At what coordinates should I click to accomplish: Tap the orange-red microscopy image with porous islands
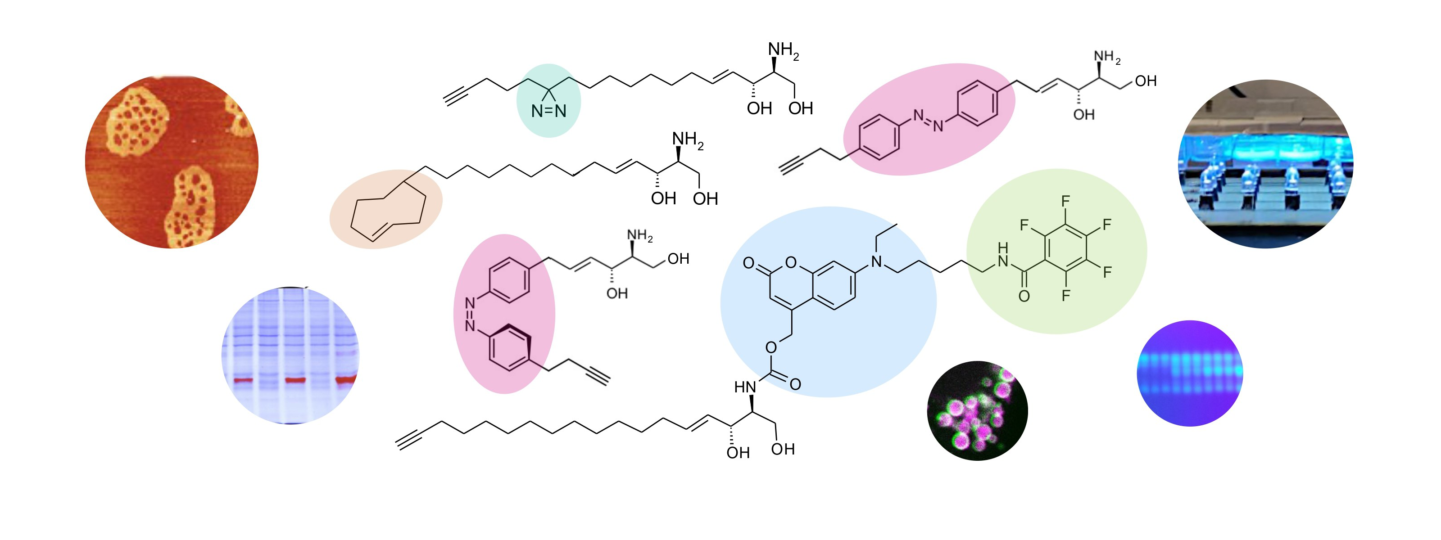[x=172, y=162]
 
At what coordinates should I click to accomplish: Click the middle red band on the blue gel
[x=295, y=380]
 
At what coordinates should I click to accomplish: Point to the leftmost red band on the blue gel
[x=243, y=380]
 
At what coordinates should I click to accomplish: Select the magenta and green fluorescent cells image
[x=977, y=411]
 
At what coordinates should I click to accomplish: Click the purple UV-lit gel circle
[x=1190, y=373]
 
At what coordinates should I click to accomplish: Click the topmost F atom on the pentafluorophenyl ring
[x=1065, y=201]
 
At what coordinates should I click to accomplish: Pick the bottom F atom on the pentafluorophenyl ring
[x=1065, y=295]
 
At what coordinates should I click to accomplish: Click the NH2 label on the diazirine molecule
[x=783, y=50]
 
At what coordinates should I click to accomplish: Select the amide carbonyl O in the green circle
[x=1024, y=296]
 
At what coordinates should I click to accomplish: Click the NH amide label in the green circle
[x=1002, y=254]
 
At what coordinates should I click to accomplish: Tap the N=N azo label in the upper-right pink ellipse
[x=929, y=120]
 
